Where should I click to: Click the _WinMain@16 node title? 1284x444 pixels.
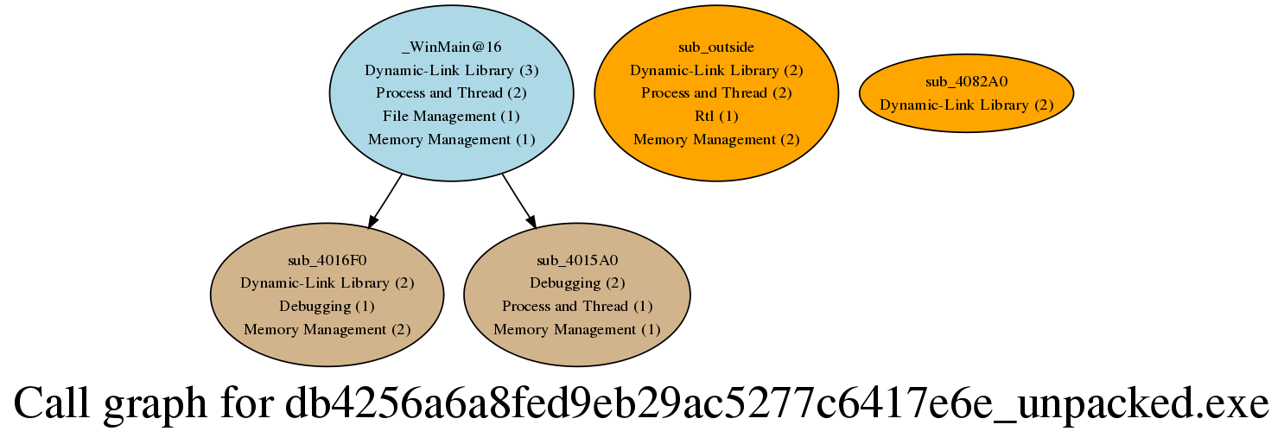(x=452, y=47)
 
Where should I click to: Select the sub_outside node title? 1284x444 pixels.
(x=716, y=47)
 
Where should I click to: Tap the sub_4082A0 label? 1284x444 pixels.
(x=966, y=82)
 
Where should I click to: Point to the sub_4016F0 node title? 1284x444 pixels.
(x=327, y=261)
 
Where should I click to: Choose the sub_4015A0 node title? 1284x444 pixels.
(x=577, y=261)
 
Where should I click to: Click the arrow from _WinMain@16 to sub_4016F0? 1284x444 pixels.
(x=385, y=201)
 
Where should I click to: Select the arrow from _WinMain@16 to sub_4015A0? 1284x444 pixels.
(x=519, y=201)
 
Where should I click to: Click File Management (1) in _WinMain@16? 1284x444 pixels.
(x=452, y=117)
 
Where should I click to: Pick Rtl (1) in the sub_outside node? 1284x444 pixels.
(x=716, y=117)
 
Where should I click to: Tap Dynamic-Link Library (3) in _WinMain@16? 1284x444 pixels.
(x=452, y=71)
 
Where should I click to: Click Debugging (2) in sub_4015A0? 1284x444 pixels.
(x=577, y=283)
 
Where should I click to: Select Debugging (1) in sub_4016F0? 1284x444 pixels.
(x=327, y=307)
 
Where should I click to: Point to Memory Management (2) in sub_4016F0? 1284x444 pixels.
(x=327, y=329)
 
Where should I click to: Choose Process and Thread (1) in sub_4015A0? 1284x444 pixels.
(x=577, y=307)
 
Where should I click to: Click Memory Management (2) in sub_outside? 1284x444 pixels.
(x=716, y=140)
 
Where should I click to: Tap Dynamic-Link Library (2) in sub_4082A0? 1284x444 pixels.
(x=966, y=105)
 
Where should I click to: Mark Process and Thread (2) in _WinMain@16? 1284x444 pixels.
(x=452, y=92)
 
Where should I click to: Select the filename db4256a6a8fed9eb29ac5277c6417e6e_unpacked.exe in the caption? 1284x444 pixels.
(x=777, y=404)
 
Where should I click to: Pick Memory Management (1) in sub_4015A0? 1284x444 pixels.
(x=577, y=329)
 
